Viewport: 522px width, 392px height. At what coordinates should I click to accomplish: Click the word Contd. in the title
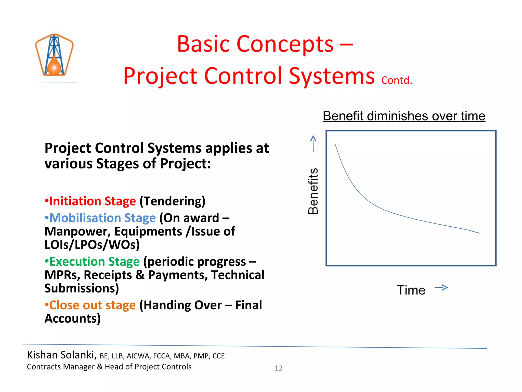396,80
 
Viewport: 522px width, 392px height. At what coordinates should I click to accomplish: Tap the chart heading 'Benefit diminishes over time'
404,116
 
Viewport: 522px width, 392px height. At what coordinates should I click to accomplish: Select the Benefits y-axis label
313,191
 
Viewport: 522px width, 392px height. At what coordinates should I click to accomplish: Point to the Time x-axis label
411,290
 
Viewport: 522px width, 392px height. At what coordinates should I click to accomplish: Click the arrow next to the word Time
441,288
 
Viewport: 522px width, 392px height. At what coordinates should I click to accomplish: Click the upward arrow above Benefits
313,144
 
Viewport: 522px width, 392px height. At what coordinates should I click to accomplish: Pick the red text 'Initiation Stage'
92,201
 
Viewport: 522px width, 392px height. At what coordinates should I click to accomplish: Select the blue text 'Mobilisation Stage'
102,218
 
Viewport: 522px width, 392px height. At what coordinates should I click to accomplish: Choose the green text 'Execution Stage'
94,262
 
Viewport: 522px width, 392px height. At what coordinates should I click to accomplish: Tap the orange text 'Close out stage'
92,305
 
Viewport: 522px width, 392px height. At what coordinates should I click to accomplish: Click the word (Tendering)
172,201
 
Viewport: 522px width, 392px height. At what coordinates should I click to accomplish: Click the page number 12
278,368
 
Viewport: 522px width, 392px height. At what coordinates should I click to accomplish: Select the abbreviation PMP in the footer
201,356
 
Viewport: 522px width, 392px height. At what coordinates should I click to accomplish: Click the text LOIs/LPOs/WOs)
92,244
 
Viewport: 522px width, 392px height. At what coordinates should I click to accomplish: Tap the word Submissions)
82,288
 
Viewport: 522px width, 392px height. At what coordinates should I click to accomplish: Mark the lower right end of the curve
479,233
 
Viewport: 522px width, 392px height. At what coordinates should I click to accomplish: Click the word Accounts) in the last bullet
73,318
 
